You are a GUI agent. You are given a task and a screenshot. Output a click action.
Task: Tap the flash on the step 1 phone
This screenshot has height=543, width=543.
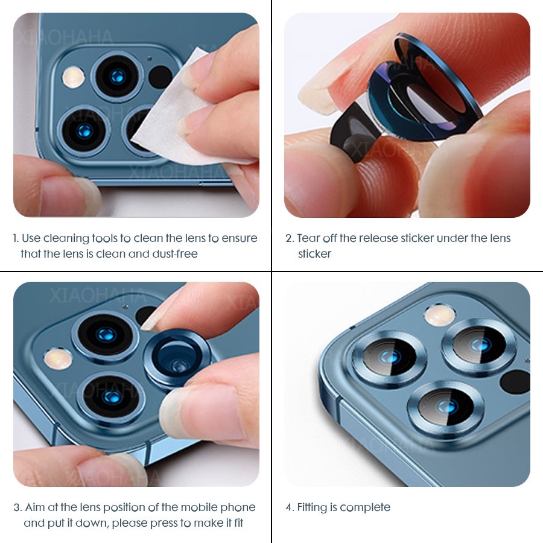73,77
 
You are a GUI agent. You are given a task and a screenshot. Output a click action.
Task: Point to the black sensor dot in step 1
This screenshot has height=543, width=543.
160,77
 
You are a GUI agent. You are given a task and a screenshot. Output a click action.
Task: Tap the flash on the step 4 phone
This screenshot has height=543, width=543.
436,313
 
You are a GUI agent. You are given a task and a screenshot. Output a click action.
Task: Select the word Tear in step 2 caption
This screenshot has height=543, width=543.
307,238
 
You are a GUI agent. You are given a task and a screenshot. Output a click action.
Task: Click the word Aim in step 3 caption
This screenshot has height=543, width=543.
36,507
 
